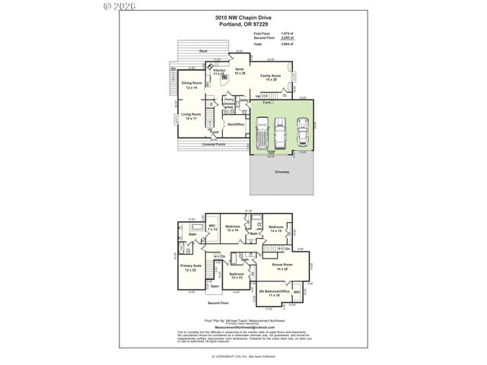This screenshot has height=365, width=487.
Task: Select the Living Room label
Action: [x=190, y=116]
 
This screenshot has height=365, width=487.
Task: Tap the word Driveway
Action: [x=282, y=173]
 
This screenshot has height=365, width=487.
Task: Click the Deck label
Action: [x=203, y=52]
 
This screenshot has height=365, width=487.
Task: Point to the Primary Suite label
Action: [x=190, y=268]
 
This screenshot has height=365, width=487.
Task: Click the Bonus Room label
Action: [x=283, y=265]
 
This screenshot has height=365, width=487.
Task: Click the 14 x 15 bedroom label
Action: [x=275, y=228]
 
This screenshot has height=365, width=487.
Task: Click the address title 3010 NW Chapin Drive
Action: [x=243, y=17]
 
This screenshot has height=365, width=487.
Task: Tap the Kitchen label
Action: [x=220, y=71]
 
